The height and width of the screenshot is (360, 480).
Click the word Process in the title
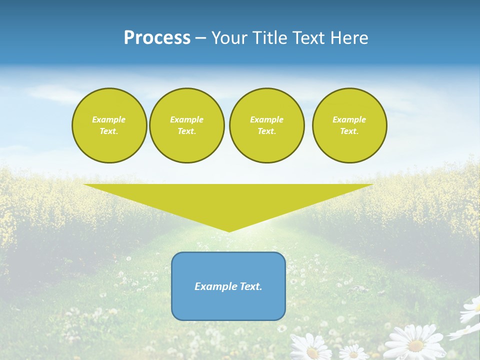[x=157, y=38]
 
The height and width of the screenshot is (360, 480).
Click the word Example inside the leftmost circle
[x=109, y=119]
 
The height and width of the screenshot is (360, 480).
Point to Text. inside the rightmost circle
[x=349, y=131]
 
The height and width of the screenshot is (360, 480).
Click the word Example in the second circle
[x=186, y=119]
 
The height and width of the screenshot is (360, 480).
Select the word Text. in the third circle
[x=266, y=131]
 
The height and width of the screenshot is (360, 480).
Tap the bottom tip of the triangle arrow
[x=229, y=230]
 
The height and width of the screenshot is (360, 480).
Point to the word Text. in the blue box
[x=251, y=286]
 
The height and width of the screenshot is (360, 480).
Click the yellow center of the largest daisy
[x=415, y=345]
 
